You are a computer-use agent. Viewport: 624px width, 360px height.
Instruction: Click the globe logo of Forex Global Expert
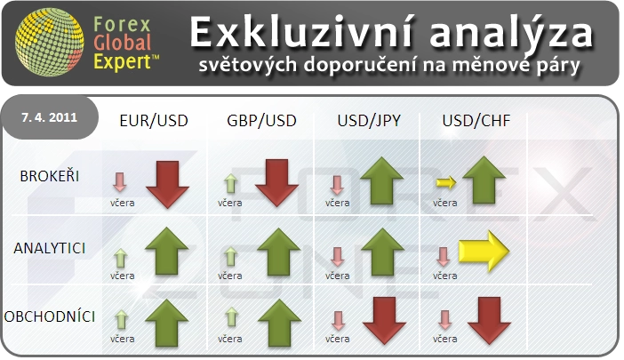(50, 42)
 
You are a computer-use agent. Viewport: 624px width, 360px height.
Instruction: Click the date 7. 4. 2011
(50, 117)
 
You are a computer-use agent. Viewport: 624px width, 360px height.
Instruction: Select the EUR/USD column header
(154, 121)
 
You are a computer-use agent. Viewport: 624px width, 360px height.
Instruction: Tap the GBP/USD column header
(261, 121)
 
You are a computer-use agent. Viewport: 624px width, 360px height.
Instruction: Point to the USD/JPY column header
(369, 121)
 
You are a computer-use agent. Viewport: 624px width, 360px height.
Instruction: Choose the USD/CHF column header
(476, 121)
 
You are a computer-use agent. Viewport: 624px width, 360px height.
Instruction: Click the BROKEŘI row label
(50, 176)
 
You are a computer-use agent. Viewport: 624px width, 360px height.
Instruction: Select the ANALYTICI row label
(50, 248)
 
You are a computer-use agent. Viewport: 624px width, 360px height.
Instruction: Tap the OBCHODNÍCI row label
(50, 316)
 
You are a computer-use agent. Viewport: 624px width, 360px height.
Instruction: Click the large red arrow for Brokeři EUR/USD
(167, 184)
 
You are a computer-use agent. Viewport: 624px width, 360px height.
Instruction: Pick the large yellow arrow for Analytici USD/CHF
(484, 251)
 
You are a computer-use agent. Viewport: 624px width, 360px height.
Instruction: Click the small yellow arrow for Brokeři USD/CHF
(446, 182)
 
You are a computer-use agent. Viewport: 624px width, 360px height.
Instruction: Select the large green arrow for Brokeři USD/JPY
(381, 180)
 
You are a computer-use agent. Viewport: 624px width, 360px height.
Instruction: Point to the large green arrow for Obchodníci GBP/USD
(279, 323)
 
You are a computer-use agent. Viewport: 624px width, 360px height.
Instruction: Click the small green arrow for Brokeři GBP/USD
(230, 183)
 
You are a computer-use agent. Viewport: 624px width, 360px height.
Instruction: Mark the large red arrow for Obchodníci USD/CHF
(489, 320)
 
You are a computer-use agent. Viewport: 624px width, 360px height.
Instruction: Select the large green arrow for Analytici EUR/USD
(167, 251)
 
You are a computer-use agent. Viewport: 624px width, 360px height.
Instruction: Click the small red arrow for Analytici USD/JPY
(338, 257)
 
